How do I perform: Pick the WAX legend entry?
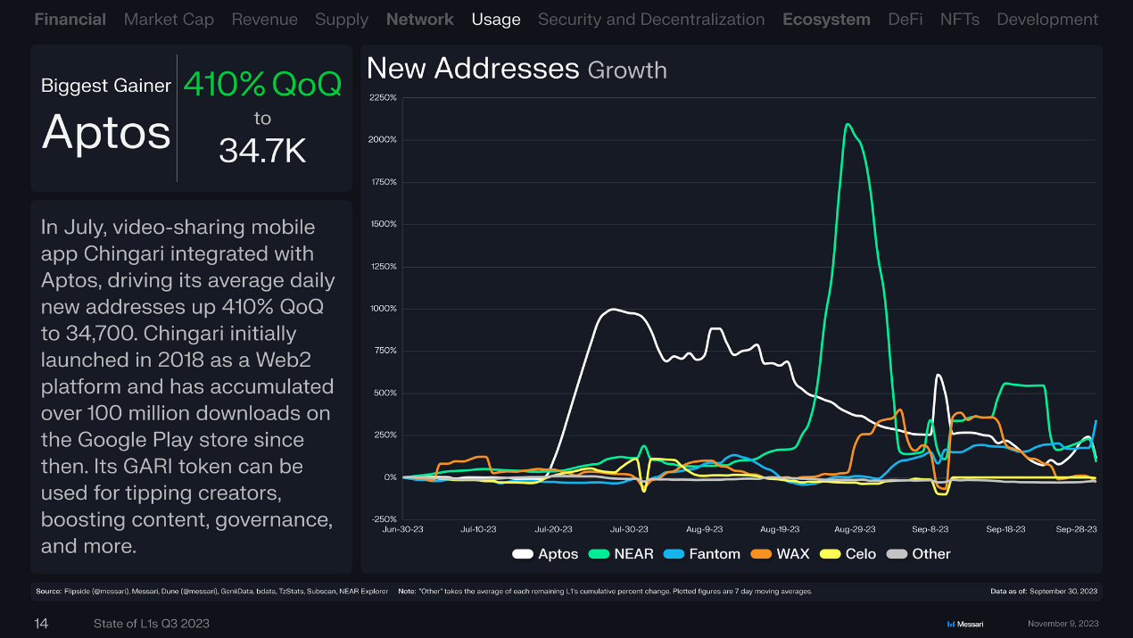[x=781, y=554]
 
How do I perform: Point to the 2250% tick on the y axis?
[x=383, y=97]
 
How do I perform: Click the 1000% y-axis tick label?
[x=383, y=309]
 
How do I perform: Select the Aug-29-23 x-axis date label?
[x=856, y=529]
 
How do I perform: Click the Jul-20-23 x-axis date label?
[x=554, y=529]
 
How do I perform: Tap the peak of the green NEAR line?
[x=847, y=124]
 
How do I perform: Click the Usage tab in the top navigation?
[x=496, y=19]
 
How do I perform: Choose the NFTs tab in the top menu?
[x=960, y=19]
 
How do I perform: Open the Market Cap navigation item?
[x=169, y=19]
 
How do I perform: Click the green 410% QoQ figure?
[x=262, y=85]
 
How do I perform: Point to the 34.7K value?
[x=262, y=152]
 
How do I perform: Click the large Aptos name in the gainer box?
[x=106, y=132]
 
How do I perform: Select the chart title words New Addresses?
[x=473, y=69]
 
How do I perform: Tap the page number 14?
[x=41, y=623]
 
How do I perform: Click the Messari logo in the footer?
[x=964, y=623]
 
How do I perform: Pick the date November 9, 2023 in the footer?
[x=1063, y=623]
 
